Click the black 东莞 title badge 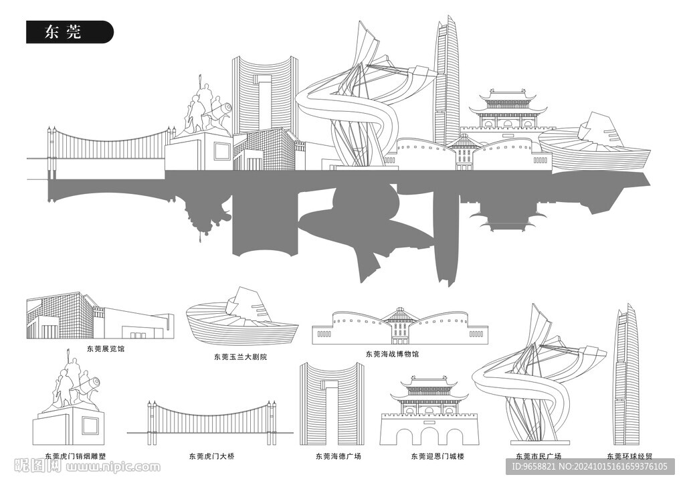point(70,32)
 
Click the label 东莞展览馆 point(105,349)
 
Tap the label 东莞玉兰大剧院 point(240,357)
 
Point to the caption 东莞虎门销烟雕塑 point(75,456)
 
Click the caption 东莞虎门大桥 point(211,456)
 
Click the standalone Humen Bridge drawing point(211,419)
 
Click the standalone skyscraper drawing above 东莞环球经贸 point(627,375)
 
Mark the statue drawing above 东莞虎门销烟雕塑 point(70,401)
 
